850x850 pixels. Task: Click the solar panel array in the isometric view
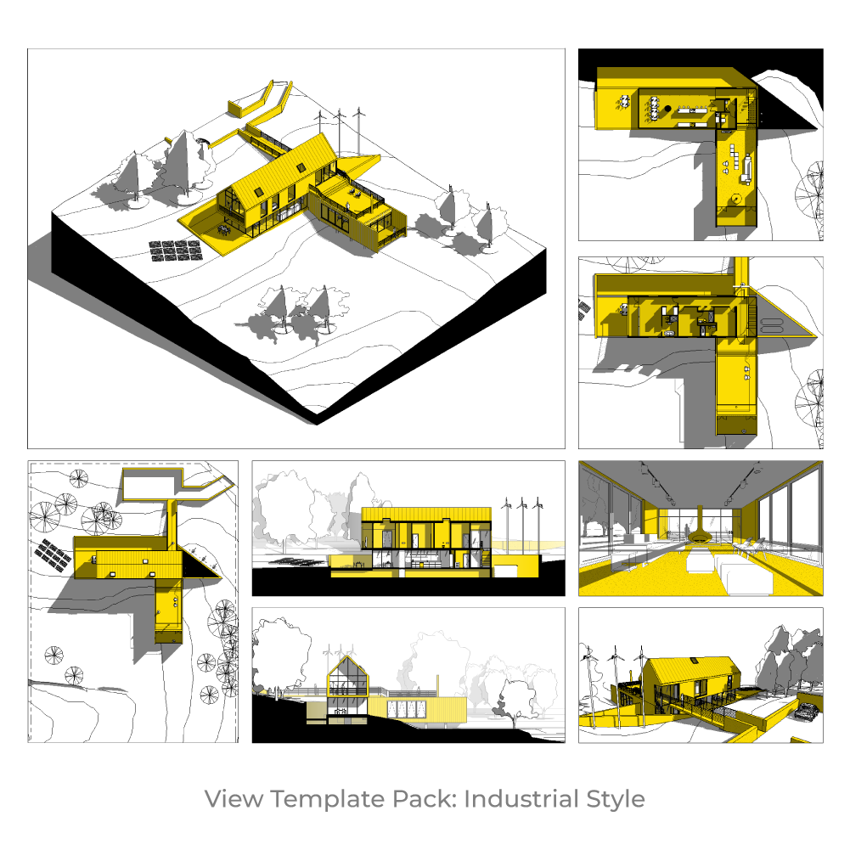(x=177, y=250)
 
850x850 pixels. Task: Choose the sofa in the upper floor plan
(x=748, y=168)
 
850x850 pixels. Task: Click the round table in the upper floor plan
(x=735, y=200)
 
